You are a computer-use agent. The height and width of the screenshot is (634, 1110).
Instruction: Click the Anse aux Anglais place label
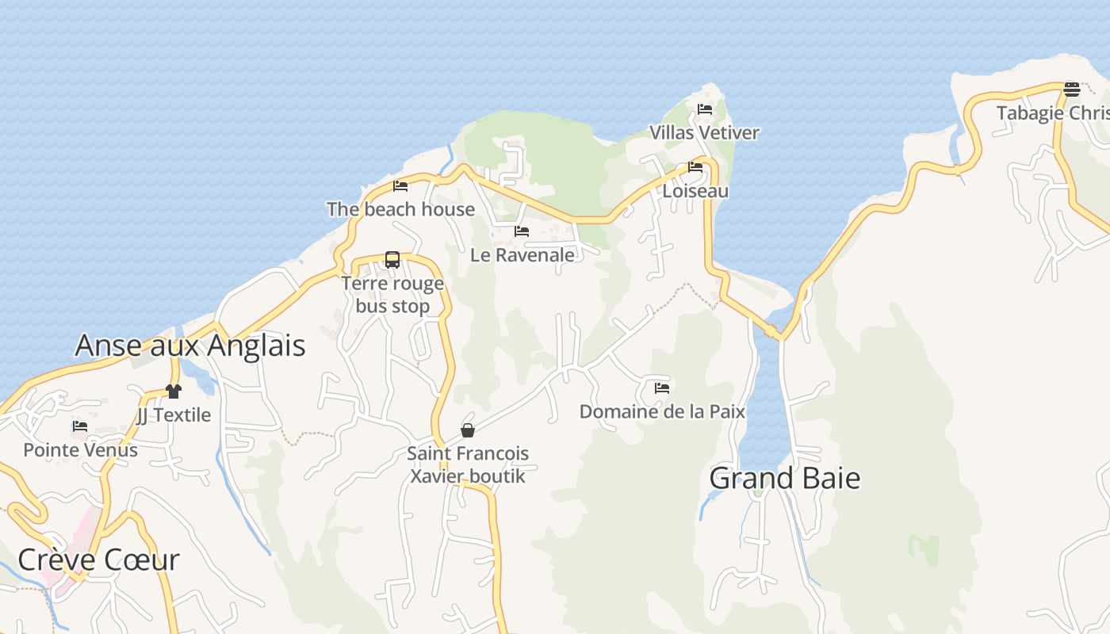(190, 346)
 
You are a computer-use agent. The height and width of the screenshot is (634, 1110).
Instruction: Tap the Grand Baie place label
(784, 478)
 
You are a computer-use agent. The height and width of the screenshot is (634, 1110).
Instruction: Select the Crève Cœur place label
(98, 560)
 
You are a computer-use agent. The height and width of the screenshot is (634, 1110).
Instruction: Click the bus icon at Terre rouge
(392, 259)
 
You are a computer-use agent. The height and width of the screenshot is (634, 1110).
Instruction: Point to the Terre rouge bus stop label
(392, 295)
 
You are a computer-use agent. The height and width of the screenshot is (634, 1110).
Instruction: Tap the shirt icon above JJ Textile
(174, 391)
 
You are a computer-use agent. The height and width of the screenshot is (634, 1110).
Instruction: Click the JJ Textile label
(174, 414)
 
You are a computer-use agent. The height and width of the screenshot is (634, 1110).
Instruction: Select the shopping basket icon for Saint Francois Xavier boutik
(468, 430)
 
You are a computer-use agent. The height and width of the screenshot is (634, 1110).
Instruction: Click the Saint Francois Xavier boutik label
(468, 464)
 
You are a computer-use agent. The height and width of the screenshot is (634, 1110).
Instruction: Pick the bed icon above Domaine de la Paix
(662, 388)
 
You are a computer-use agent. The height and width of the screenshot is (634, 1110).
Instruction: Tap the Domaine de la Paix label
(662, 411)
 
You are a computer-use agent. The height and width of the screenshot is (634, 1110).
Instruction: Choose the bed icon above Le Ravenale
(522, 231)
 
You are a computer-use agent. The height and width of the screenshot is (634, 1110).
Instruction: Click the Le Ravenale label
(522, 255)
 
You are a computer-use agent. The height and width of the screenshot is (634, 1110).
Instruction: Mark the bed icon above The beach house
(400, 186)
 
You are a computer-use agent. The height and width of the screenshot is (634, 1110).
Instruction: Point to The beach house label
(400, 209)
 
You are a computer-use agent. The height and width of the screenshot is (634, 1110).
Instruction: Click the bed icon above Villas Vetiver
(705, 109)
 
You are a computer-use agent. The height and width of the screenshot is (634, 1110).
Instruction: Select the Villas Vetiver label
(705, 132)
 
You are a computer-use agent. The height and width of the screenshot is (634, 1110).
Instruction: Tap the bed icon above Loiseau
(695, 167)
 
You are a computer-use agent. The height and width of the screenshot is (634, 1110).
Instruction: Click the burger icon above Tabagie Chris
(1072, 89)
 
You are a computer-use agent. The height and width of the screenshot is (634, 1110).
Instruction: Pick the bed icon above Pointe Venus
(80, 426)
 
